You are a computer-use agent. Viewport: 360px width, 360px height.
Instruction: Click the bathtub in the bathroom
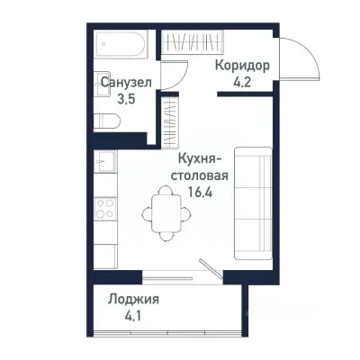tap(124, 42)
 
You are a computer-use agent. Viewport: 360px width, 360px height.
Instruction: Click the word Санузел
tap(125, 83)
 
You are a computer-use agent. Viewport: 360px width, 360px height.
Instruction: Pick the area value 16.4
tap(206, 191)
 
